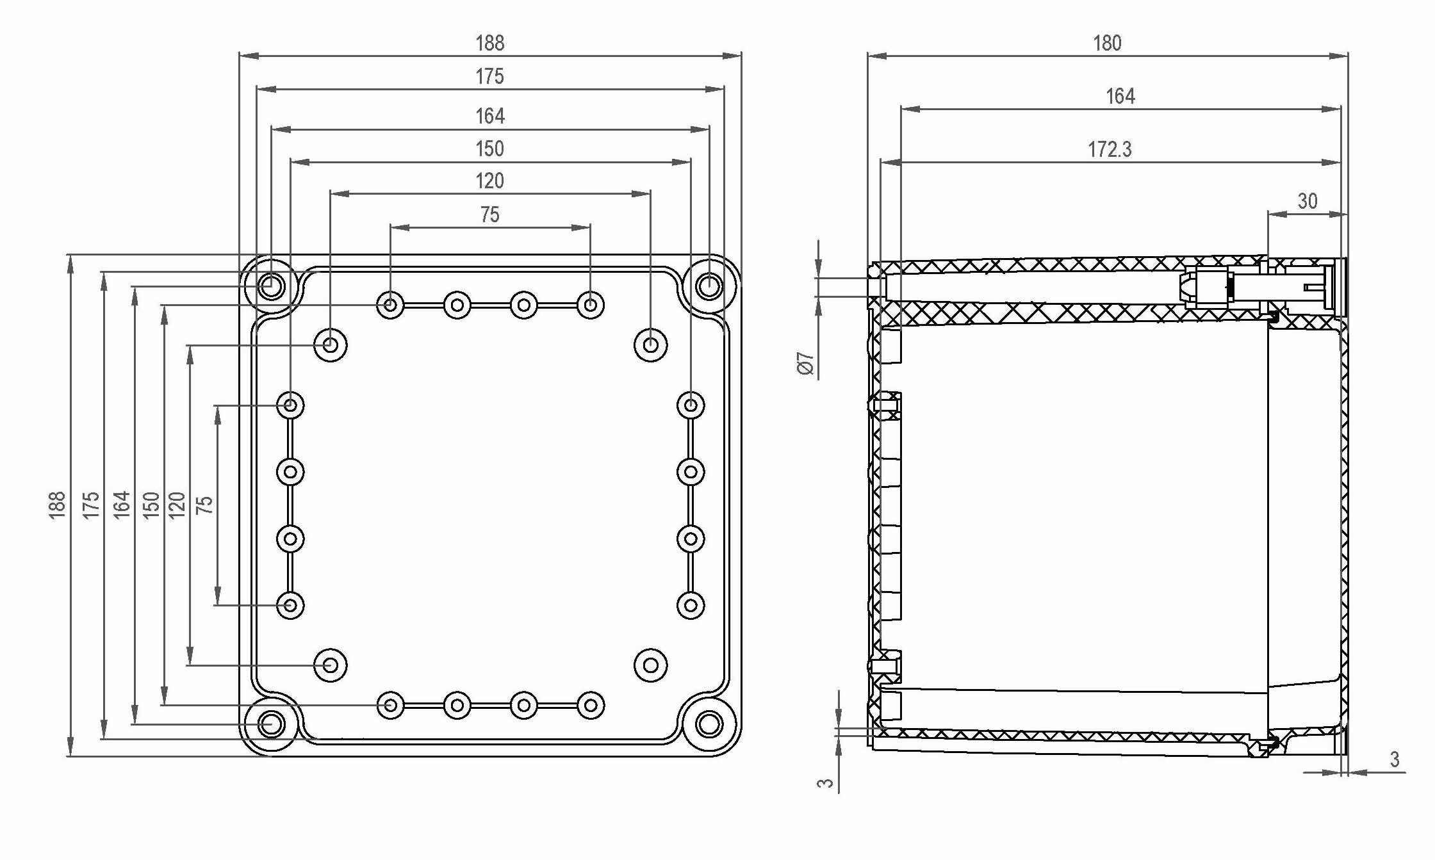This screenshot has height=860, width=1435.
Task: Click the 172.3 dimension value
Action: (x=1110, y=150)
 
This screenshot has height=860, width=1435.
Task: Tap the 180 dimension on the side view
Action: (x=1107, y=44)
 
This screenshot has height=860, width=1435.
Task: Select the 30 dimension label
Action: (x=1308, y=201)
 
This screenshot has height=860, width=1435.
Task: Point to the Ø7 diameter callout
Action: (x=805, y=363)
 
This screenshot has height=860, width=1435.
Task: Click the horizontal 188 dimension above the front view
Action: (x=489, y=44)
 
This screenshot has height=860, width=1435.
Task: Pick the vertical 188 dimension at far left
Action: (x=58, y=505)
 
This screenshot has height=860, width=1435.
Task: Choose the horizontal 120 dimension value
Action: (x=489, y=181)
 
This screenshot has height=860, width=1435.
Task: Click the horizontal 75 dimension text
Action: (x=489, y=215)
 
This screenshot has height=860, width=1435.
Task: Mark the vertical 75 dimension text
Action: (x=204, y=505)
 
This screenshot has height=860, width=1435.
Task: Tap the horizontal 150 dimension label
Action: (x=489, y=149)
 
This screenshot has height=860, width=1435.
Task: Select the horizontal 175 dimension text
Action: (x=489, y=77)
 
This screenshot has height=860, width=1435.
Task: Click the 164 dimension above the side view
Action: (x=1120, y=97)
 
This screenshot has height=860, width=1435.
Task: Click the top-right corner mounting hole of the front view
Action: (x=709, y=286)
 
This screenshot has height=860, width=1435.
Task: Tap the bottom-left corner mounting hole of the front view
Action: (x=271, y=724)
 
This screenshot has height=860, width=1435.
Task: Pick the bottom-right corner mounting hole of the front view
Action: (x=709, y=724)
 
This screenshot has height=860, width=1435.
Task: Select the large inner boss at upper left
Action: (x=331, y=345)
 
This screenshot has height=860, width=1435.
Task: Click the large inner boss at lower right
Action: (x=650, y=665)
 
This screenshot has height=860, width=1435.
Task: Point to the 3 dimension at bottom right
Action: (x=1395, y=759)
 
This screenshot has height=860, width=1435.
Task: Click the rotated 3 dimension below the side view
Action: (x=826, y=783)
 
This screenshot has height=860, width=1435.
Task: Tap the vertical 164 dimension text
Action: (x=122, y=505)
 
